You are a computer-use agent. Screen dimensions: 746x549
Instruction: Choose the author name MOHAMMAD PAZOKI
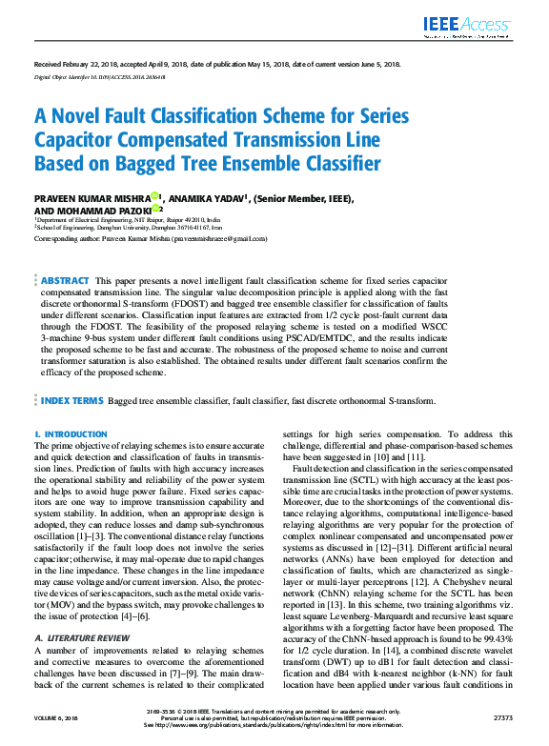coord(108,210)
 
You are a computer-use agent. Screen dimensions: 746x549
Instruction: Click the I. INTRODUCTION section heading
coord(71,434)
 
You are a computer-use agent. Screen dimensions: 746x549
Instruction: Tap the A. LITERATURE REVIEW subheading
coord(83,611)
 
